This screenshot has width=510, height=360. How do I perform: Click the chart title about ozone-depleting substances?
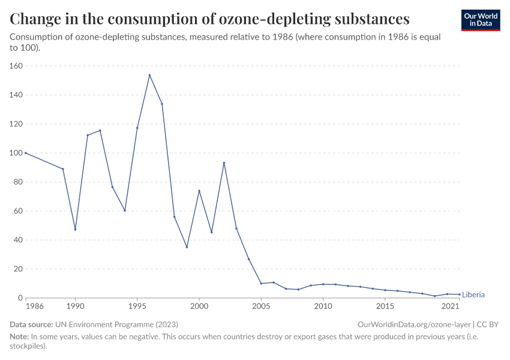(x=210, y=19)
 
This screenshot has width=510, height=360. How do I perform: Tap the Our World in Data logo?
(x=481, y=20)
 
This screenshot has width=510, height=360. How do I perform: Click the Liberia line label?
(x=473, y=295)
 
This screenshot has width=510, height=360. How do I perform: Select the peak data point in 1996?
(x=149, y=75)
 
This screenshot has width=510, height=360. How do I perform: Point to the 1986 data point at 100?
(x=26, y=153)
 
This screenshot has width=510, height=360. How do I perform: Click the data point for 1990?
(x=75, y=229)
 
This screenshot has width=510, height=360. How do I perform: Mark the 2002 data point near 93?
(x=224, y=163)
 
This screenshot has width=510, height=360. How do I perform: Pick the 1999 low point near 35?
(x=187, y=247)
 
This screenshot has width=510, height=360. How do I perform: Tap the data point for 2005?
(x=261, y=283)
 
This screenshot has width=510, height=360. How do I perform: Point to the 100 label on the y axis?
(x=16, y=153)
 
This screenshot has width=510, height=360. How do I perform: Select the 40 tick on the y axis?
(x=18, y=240)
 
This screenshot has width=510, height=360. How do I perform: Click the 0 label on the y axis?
(x=20, y=298)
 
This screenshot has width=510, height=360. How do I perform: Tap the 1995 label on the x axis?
(x=137, y=307)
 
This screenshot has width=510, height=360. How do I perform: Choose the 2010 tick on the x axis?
(x=323, y=307)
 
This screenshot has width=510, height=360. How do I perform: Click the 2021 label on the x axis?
(x=451, y=307)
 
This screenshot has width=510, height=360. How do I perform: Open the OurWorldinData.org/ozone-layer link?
(x=413, y=325)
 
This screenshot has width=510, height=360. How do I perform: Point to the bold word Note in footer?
(x=20, y=337)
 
